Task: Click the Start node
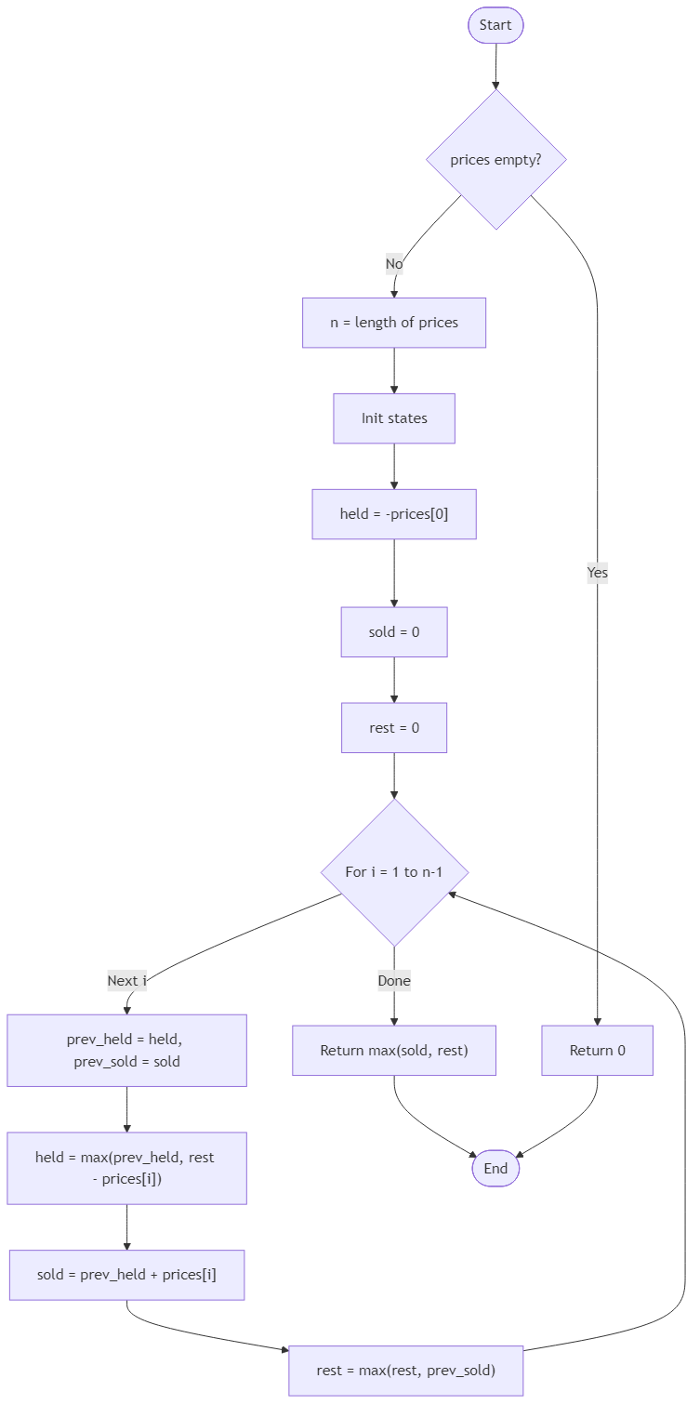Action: click(495, 25)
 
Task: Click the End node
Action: click(495, 1169)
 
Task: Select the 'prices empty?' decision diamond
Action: click(495, 160)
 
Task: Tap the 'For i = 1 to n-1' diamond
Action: click(394, 872)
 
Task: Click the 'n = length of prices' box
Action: click(394, 323)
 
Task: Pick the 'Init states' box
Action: click(394, 418)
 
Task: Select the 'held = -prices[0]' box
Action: click(394, 514)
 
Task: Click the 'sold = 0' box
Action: click(394, 632)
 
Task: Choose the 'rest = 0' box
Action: click(394, 727)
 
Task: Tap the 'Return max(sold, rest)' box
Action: click(394, 1051)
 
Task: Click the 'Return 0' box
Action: click(597, 1051)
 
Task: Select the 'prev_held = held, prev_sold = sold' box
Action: click(127, 1051)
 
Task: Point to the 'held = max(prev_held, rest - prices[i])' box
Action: click(127, 1168)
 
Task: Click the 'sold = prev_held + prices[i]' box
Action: click(127, 1275)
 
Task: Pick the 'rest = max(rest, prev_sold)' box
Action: click(406, 1371)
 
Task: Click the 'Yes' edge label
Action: click(597, 573)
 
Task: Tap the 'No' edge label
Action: click(394, 264)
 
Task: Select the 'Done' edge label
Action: click(394, 980)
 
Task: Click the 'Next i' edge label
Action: click(127, 980)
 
